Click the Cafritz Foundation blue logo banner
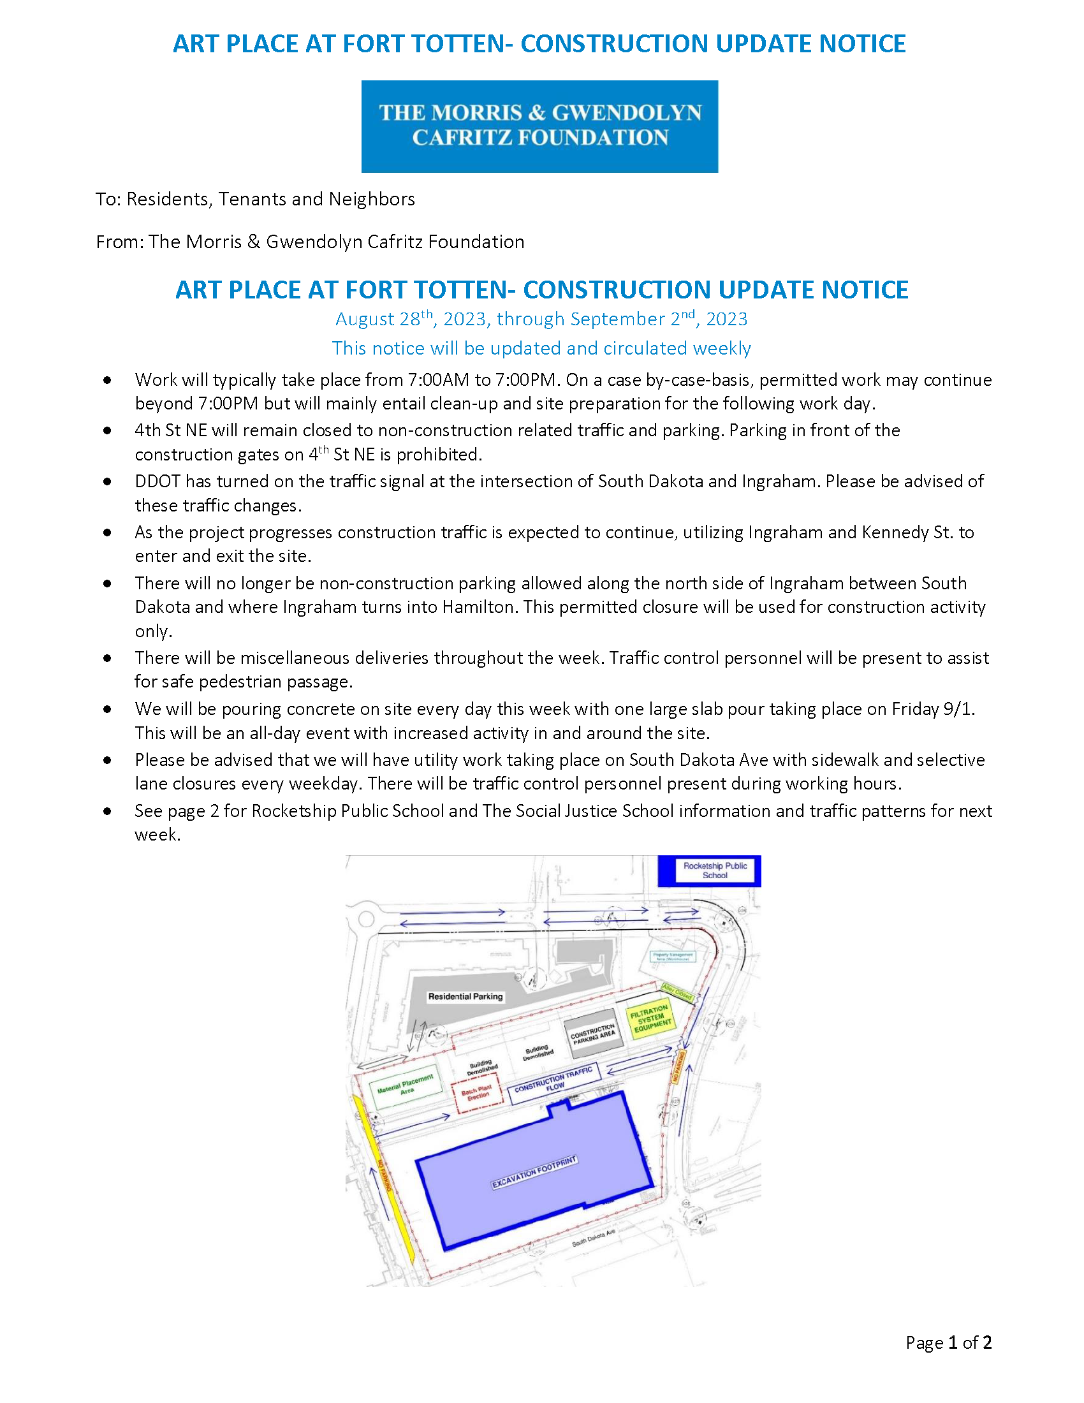click(539, 126)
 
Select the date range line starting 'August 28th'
click(541, 319)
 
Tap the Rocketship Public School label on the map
click(715, 870)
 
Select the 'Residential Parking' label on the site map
click(465, 996)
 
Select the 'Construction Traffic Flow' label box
click(553, 1083)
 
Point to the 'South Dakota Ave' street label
click(594, 1237)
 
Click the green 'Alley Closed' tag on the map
click(677, 991)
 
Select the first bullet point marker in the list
click(107, 380)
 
